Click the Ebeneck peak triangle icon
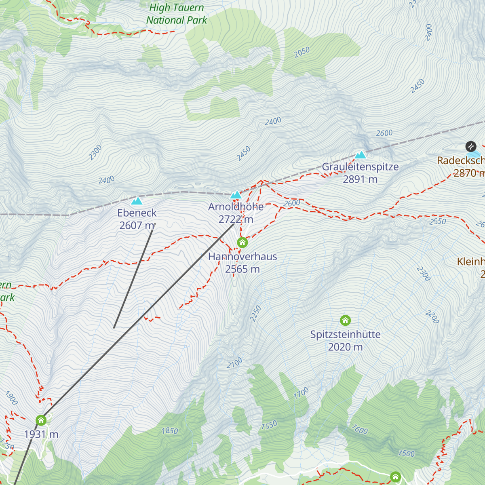[x=137, y=201]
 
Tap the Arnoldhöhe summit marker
[x=236, y=195]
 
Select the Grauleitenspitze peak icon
[x=360, y=155]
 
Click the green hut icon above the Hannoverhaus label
[x=242, y=242]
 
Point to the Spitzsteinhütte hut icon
[x=345, y=321]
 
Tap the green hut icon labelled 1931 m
[x=41, y=420]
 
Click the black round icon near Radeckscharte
[x=470, y=146]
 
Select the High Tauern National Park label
[x=177, y=14]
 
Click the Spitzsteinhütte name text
[x=345, y=335]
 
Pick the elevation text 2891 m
[x=360, y=179]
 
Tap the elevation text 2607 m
[x=137, y=226]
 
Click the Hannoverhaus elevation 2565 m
[x=242, y=269]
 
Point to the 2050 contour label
[x=302, y=52]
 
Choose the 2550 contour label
[x=438, y=221]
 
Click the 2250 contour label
[x=255, y=314]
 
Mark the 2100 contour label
[x=234, y=363]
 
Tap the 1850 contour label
[x=170, y=431]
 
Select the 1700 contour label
[x=301, y=393]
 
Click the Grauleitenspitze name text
[x=360, y=167]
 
